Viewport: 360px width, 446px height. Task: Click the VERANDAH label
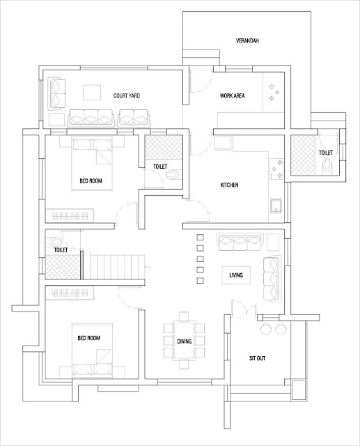[247, 42]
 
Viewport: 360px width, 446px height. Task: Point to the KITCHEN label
[230, 185]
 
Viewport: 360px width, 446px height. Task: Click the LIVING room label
[236, 276]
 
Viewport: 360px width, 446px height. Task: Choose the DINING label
[185, 341]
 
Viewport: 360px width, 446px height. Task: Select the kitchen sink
[275, 206]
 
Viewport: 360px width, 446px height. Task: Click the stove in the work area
[272, 93]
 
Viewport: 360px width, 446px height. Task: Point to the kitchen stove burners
[273, 167]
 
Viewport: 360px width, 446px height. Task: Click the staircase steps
[116, 265]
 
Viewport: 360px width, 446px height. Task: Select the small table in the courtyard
[92, 91]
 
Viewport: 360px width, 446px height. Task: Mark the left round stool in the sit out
[265, 329]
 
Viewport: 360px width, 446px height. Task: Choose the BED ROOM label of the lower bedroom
[91, 338]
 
